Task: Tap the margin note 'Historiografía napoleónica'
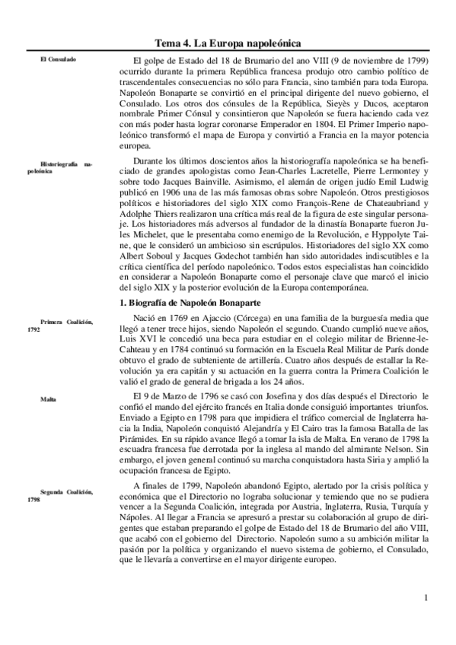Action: click(67, 167)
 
